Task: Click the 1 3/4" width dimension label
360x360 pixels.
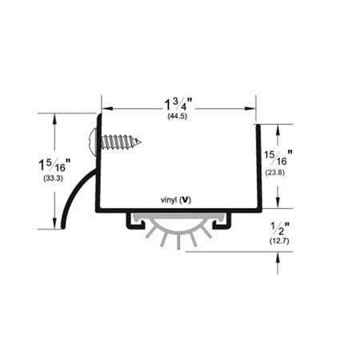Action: coord(178,104)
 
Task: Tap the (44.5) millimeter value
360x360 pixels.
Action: coord(178,117)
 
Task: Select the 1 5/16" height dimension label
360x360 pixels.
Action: coord(54,165)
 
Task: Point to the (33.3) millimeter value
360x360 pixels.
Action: coord(54,178)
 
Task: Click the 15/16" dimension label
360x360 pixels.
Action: coord(278,158)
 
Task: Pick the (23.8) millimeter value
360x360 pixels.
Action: coord(275,173)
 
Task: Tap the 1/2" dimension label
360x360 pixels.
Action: coord(280,229)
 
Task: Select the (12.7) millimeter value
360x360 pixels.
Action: coord(279,241)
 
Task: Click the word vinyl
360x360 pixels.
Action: coord(169,200)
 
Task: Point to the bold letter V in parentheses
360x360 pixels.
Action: coord(186,200)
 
